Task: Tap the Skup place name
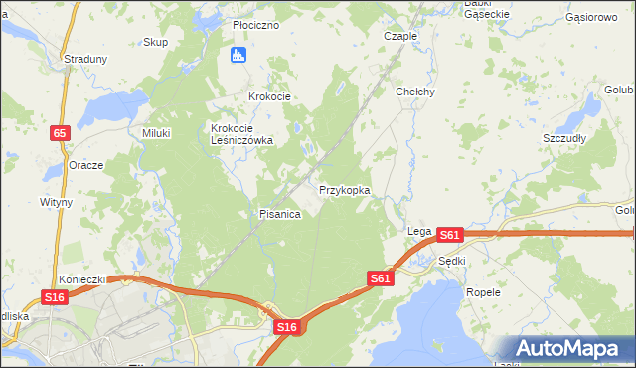155,42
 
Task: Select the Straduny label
85,59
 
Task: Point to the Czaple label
399,35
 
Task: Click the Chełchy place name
415,92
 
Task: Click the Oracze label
86,165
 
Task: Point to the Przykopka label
345,189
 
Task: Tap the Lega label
418,231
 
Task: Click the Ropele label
483,293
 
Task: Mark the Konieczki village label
81,280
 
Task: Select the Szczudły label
563,138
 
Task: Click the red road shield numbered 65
62,132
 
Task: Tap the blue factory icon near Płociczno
238,56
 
